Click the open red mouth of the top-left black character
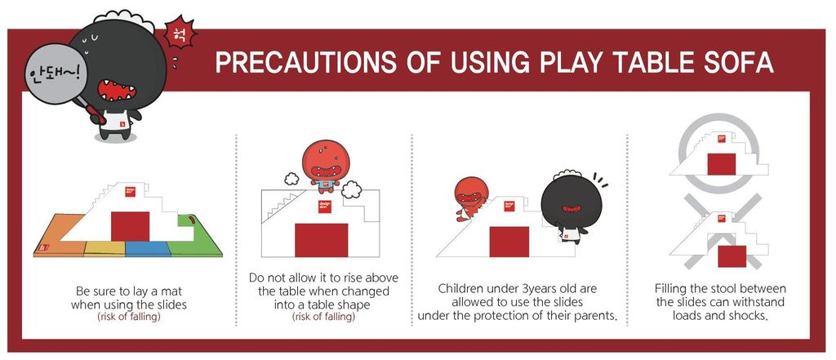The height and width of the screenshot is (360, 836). pyautogui.click(x=117, y=90)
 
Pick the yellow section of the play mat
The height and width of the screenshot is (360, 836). pyautogui.click(x=105, y=248)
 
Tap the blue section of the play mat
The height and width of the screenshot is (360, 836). pyautogui.click(x=148, y=248)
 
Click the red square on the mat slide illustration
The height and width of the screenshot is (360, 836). pyautogui.click(x=130, y=226)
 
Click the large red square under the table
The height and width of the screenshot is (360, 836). pyautogui.click(x=322, y=240)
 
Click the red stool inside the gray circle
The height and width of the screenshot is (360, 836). pyautogui.click(x=722, y=164)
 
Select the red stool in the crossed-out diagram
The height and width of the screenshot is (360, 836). pyautogui.click(x=731, y=256)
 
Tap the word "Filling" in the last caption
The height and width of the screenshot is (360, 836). pyautogui.click(x=672, y=289)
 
